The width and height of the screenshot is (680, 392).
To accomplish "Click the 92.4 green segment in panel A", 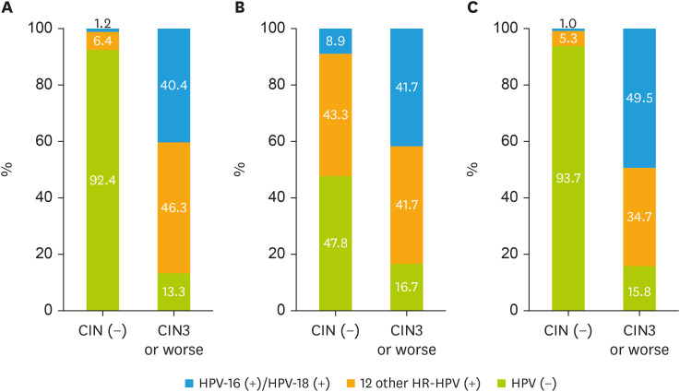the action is click(102, 180).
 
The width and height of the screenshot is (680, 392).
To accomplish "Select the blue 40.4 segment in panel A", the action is click(173, 86).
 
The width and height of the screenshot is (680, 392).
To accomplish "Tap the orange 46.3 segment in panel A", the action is click(173, 208).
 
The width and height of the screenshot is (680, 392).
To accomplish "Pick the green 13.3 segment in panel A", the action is click(173, 291).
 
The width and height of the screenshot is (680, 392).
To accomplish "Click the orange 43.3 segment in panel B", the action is click(335, 115).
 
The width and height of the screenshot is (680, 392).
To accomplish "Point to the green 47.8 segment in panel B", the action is click(335, 243).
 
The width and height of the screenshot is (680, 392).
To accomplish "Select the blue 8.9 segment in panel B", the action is click(335, 42).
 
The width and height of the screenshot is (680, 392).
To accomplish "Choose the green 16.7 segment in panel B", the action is click(406, 287).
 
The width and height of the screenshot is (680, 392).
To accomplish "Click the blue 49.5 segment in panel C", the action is click(639, 99).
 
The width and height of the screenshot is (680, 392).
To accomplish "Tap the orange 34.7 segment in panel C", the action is click(639, 217).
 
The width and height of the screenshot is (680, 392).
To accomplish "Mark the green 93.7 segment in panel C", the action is click(568, 178).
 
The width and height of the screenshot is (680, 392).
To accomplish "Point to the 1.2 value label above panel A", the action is click(102, 23).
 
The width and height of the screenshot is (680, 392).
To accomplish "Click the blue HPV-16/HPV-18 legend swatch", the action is click(188, 384).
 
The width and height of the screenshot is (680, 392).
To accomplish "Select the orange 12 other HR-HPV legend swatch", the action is click(351, 384).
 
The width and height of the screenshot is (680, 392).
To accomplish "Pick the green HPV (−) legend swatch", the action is click(500, 384).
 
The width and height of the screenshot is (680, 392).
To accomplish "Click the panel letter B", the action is click(239, 7).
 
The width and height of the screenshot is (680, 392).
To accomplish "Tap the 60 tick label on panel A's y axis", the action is click(43, 141).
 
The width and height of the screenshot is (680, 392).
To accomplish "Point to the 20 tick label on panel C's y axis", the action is click(509, 254).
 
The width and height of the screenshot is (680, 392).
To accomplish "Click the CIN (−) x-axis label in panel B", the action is click(335, 331).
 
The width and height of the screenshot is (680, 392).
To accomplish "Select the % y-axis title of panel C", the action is click(471, 169).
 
